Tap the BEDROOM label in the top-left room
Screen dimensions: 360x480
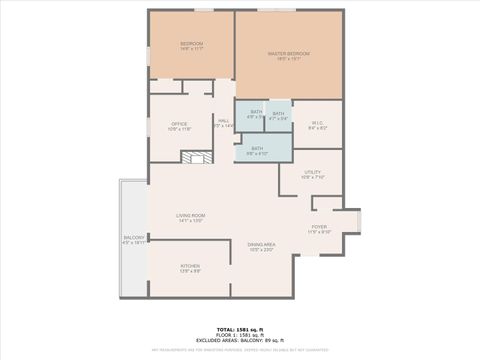(191, 44)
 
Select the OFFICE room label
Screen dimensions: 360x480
(179, 124)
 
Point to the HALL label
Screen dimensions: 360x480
(223, 120)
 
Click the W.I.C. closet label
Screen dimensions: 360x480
(318, 123)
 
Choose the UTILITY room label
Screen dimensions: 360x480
(313, 173)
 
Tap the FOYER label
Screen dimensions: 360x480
(319, 227)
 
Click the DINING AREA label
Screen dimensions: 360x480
(262, 245)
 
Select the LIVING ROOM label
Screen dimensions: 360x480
(190, 216)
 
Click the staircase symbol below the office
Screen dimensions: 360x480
(197, 157)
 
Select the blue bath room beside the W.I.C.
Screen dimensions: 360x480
(278, 115)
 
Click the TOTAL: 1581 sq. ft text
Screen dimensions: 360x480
(239, 328)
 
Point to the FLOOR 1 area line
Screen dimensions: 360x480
(239, 334)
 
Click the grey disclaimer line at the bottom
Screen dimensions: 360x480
(239, 350)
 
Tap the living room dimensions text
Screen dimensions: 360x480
(190, 221)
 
